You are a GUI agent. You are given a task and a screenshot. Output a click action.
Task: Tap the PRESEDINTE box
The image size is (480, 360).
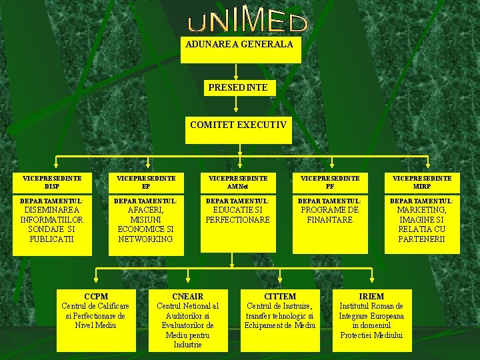pos(238,93)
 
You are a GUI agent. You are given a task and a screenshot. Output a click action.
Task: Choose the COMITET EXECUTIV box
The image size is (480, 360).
pos(238,129)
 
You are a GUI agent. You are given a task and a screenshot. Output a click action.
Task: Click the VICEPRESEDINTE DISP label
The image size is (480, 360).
pos(52,182)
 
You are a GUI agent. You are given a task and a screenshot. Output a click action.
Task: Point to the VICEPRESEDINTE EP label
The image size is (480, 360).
pos(146,182)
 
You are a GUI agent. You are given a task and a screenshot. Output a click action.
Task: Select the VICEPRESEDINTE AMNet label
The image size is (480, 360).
pos(238,182)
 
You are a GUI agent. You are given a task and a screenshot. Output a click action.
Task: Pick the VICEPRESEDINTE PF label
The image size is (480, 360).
pos(330,182)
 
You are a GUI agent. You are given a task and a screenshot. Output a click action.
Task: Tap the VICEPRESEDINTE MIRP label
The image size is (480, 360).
pos(422,182)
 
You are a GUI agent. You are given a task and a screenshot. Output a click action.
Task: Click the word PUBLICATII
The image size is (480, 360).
pos(52,239)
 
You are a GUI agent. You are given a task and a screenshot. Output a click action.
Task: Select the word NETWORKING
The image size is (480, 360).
pos(146,239)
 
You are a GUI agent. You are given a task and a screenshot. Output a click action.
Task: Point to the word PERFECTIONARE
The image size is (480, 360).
pos(238,219)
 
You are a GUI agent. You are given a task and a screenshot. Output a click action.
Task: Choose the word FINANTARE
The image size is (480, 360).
pos(330,219)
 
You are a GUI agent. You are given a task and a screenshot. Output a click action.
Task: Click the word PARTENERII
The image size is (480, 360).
pos(421,239)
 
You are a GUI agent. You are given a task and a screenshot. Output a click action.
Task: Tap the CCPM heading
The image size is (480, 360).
pos(96,296)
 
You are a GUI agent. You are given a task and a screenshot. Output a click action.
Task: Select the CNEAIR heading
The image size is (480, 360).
pos(187,296)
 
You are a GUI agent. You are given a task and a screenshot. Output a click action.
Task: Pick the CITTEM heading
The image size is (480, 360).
pos(280,296)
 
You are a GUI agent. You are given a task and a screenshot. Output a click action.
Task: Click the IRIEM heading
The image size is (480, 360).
pos(371,296)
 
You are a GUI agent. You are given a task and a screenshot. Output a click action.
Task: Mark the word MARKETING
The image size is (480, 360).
pos(421,210)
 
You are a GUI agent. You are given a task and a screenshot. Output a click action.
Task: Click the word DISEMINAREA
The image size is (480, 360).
pos(52,210)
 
